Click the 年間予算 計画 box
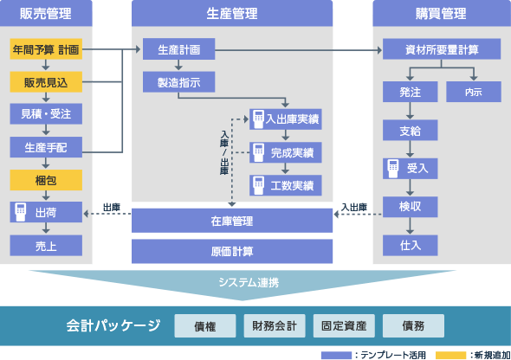pyautogui.click(x=46, y=49)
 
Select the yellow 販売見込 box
pyautogui.click(x=46, y=82)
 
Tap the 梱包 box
pyautogui.click(x=46, y=180)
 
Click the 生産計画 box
pyautogui.click(x=179, y=49)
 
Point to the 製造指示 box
pyautogui.click(x=179, y=82)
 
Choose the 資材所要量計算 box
pyautogui.click(x=442, y=49)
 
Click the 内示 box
pyautogui.click(x=474, y=92)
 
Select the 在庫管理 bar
pyautogui.click(x=232, y=221)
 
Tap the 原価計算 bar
pyautogui.click(x=232, y=251)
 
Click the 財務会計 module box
pyautogui.click(x=275, y=326)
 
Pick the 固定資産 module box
pyautogui.click(x=344, y=326)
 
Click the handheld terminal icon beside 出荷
pyautogui.click(x=21, y=212)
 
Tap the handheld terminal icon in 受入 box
pyautogui.click(x=393, y=168)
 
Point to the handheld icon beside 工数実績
pyautogui.click(x=258, y=185)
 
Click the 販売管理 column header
pyautogui.click(x=46, y=13)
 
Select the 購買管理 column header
pyautogui.click(x=442, y=13)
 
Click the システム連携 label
pyautogui.click(x=249, y=282)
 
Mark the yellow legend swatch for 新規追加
pyautogui.click(x=450, y=355)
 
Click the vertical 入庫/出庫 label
pyautogui.click(x=224, y=152)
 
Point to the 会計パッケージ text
pyautogui.click(x=113, y=325)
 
